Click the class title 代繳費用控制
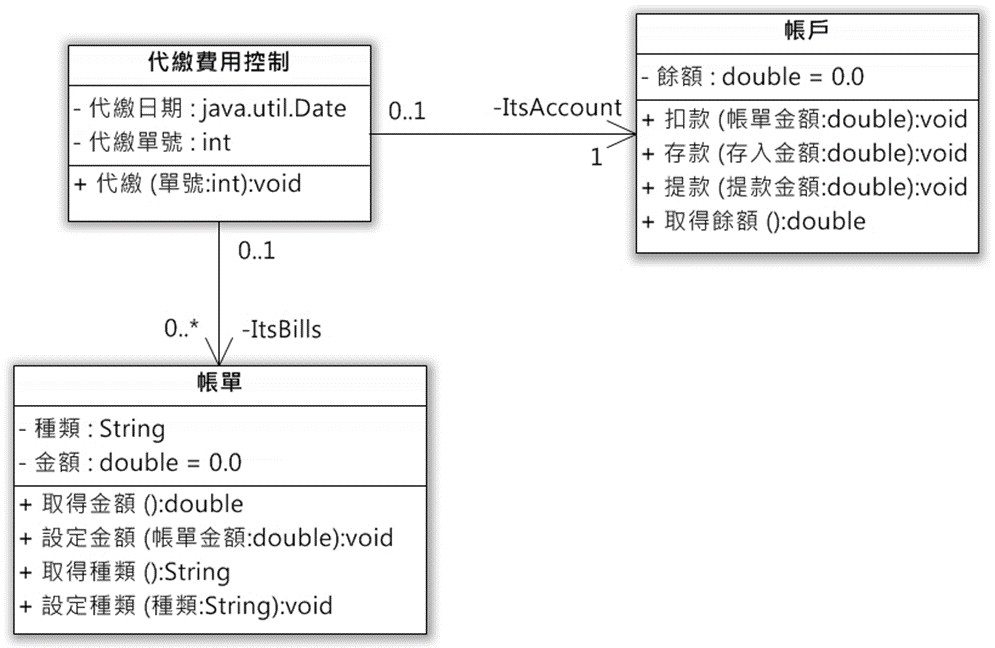218,62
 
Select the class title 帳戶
807,29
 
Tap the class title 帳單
219,382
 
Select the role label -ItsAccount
558,107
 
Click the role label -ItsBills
282,329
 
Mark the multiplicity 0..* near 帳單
181,328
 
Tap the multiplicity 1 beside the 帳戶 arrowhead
596,157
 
